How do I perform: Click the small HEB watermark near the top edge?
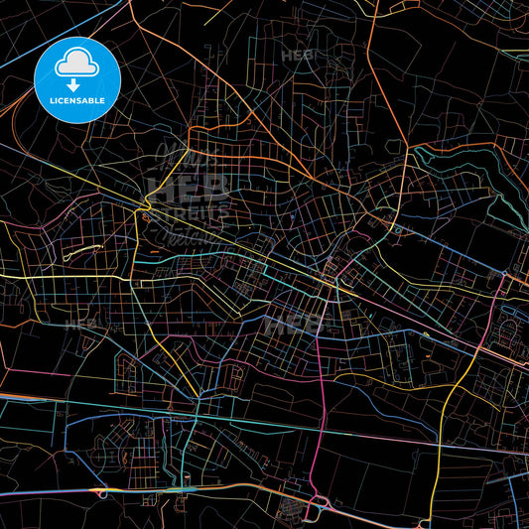click(x=297, y=55)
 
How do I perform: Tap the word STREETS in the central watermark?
click(x=189, y=211)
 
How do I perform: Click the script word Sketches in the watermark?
click(x=189, y=235)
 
